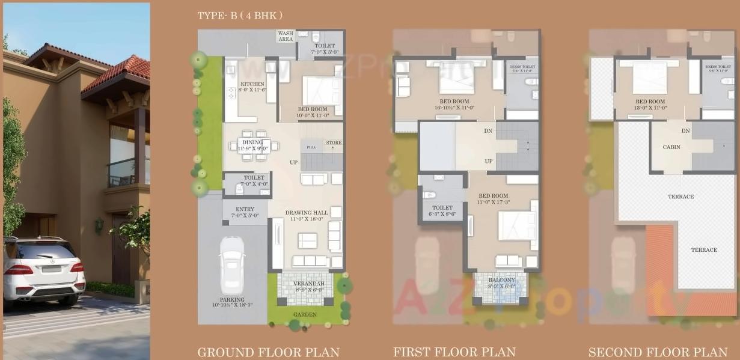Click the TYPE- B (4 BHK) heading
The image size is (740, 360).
240,16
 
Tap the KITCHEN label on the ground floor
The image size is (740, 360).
252,84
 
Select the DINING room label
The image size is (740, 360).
252,142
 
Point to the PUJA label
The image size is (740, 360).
311,147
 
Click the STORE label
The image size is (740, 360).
334,143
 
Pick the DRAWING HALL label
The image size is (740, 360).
307,213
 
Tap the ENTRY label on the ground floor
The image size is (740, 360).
245,209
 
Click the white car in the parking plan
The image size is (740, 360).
232,265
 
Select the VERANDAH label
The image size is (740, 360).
308,283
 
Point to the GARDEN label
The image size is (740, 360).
305,314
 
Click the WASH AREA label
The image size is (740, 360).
286,36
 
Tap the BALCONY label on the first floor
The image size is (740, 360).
501,280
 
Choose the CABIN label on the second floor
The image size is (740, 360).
671,147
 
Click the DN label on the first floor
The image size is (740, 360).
488,130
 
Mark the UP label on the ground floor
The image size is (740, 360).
294,163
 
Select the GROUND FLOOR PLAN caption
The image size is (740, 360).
268,352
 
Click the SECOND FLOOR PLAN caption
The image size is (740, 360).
658,352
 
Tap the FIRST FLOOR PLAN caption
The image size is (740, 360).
454,352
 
